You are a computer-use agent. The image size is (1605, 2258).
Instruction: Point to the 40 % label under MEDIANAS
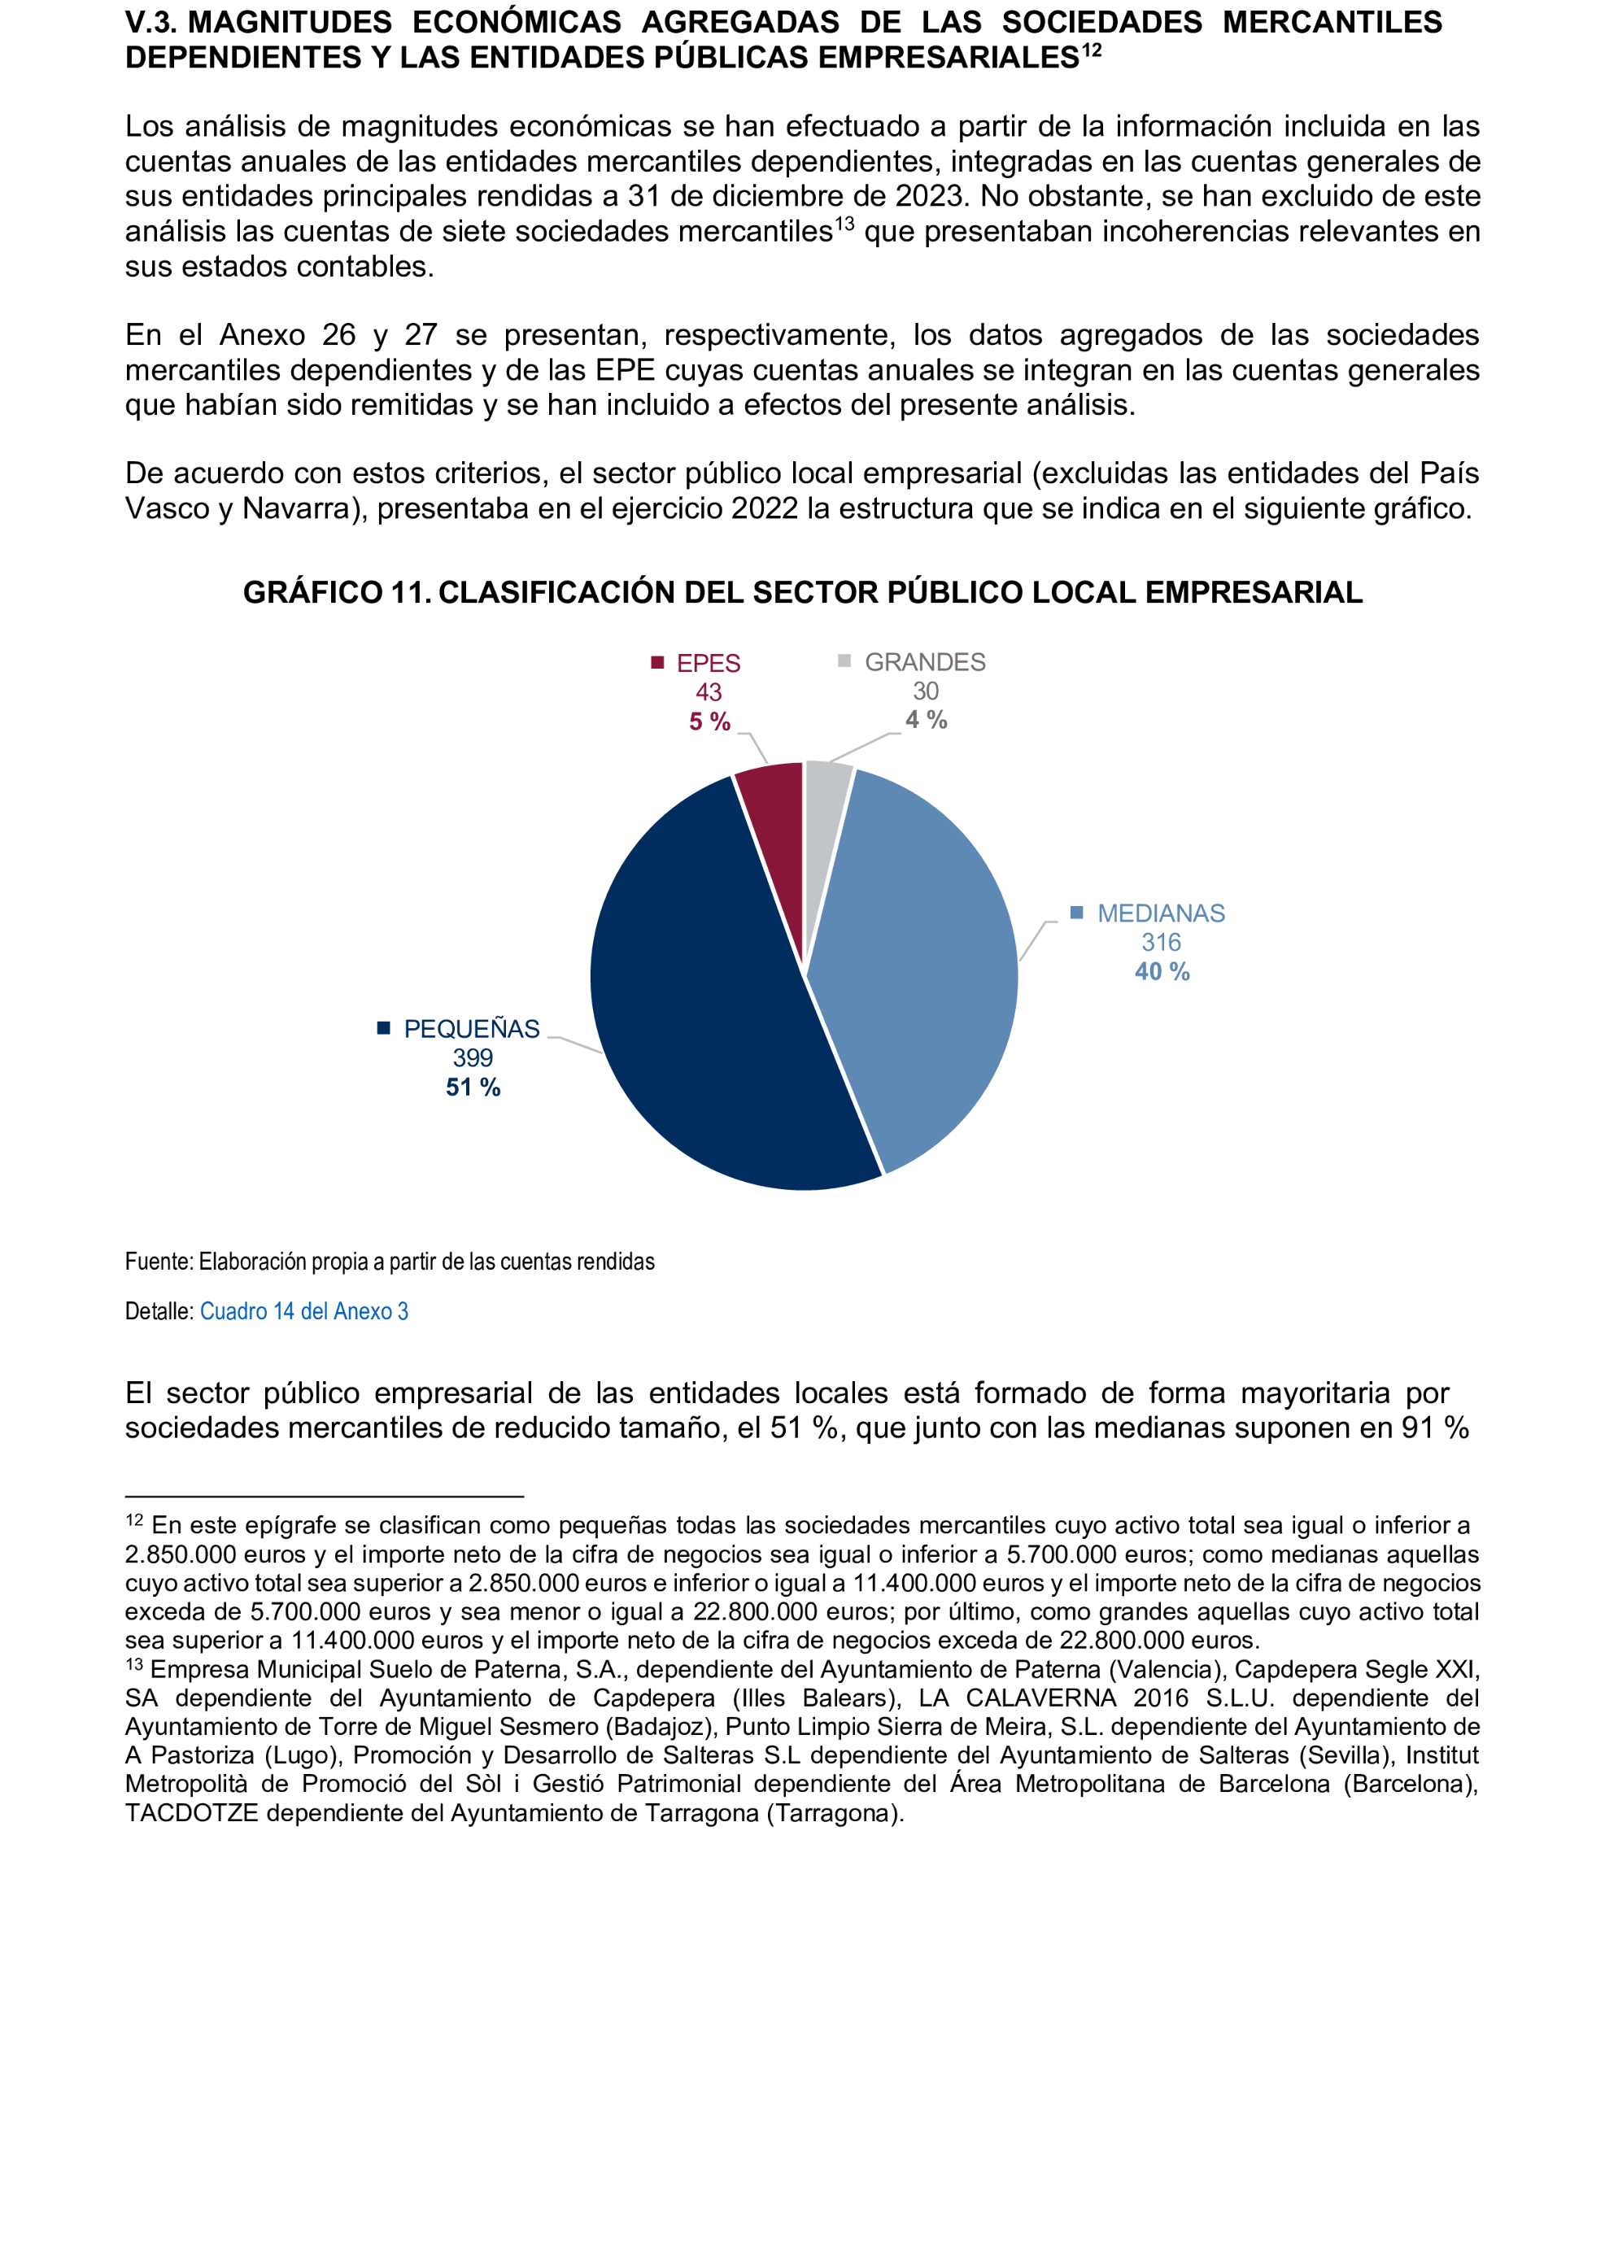click(x=1162, y=971)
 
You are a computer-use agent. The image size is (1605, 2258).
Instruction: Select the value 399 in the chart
click(x=473, y=1057)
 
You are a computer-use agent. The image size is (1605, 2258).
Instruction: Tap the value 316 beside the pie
click(x=1162, y=942)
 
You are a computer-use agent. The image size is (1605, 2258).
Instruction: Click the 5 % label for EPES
click(x=709, y=721)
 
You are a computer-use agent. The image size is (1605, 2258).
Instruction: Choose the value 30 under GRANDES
click(x=925, y=691)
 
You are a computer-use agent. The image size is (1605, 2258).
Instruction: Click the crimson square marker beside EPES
click(x=657, y=662)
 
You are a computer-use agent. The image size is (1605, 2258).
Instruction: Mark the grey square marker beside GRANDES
click(x=844, y=661)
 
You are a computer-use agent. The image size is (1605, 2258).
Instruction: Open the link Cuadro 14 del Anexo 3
click(x=303, y=1311)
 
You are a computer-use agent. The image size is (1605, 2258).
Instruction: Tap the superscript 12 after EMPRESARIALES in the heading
click(x=1091, y=50)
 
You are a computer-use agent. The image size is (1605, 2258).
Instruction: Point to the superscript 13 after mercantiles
click(x=844, y=224)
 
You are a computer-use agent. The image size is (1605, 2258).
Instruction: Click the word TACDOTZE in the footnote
click(x=190, y=1813)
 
